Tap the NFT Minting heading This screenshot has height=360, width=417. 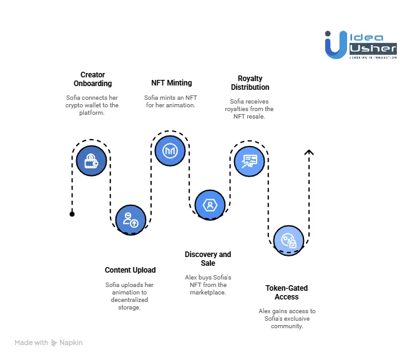point(172,82)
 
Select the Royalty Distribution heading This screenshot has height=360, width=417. point(249,83)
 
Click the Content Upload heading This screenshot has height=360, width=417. point(130,270)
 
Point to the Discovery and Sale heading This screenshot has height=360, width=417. point(208,258)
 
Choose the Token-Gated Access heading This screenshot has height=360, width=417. point(287,293)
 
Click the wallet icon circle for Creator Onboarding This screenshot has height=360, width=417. point(92,159)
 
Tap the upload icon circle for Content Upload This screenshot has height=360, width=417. point(130,218)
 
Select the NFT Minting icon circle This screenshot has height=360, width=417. point(170,150)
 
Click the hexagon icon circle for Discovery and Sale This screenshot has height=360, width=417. point(210,204)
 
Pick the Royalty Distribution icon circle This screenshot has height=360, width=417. point(249,160)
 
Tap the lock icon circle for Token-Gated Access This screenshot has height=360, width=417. point(288,240)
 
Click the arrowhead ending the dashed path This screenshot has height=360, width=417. point(308,152)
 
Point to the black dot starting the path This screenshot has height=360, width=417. point(72,214)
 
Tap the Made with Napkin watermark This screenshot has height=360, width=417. point(49,343)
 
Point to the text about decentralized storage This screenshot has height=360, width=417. point(130,296)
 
